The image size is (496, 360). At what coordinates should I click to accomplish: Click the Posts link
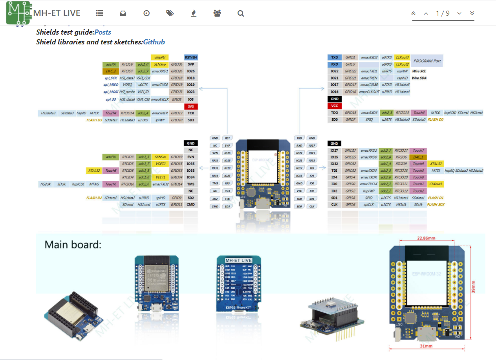[103, 32]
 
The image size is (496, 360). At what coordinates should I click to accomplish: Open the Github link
[154, 42]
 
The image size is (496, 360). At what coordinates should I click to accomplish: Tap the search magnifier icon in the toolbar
[241, 13]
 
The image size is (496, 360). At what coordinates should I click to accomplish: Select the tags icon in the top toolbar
[170, 13]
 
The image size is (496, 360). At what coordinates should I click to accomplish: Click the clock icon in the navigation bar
[146, 13]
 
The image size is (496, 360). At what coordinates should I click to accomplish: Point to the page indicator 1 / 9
[443, 13]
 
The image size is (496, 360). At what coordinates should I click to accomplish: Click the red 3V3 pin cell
[190, 107]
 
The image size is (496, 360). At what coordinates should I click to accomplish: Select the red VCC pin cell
[334, 106]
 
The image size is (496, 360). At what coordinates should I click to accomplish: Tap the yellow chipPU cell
[159, 57]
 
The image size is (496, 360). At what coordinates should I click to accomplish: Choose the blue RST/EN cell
[190, 57]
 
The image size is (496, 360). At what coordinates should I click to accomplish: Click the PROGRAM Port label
[427, 61]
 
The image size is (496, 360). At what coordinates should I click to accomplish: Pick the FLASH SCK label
[436, 205]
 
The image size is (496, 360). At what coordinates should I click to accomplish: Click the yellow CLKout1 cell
[436, 184]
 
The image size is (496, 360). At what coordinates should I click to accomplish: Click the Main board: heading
[73, 245]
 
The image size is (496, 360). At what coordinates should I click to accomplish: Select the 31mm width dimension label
[426, 346]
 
